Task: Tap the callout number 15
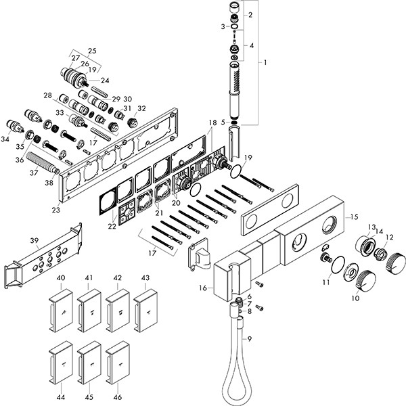(x=351, y=217)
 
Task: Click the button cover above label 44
(x=62, y=361)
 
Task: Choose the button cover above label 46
(x=118, y=361)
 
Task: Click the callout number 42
(x=117, y=278)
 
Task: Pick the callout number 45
(x=89, y=397)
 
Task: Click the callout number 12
(x=389, y=237)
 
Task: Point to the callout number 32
(x=141, y=108)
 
